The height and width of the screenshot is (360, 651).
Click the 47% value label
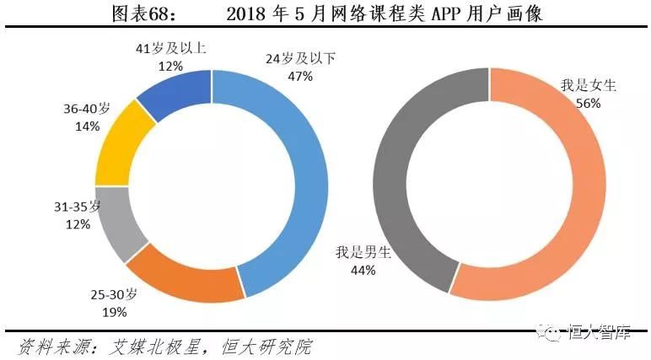click(300, 76)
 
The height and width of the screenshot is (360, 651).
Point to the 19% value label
click(115, 312)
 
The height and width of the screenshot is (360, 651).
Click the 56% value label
click(589, 103)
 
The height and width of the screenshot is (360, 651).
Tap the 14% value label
click(87, 126)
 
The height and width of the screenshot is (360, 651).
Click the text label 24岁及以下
click(300, 59)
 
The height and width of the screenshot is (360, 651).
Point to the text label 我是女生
click(589, 86)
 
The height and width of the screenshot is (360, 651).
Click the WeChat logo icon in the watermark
click(549, 335)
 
